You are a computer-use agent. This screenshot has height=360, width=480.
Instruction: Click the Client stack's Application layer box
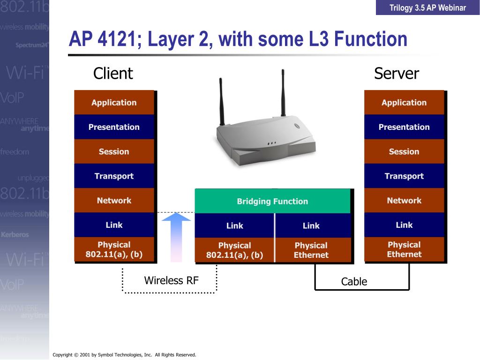[x=114, y=103]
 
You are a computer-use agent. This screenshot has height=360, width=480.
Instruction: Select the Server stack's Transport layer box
[x=404, y=176]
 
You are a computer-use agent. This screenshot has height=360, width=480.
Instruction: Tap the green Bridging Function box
[x=272, y=202]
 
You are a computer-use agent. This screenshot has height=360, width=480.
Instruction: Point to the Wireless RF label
[x=171, y=281]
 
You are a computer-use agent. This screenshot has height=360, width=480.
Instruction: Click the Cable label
[x=354, y=282]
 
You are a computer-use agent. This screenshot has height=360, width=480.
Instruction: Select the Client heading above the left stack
[x=113, y=74]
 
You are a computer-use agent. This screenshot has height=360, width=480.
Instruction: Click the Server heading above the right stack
[x=396, y=74]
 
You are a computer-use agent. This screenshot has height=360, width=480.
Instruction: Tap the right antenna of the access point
[x=283, y=91]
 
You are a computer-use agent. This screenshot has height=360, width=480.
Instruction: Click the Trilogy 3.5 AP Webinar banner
[x=427, y=7]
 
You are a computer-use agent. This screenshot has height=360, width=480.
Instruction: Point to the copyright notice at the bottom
[x=124, y=355]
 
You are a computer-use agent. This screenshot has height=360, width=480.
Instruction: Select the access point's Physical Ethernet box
[x=311, y=250]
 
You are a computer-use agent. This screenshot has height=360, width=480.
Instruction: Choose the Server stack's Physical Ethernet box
[x=404, y=249]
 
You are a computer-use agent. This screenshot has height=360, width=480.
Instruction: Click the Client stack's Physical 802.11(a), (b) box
[x=114, y=249]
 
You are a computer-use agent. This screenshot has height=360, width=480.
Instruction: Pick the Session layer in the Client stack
[x=114, y=151]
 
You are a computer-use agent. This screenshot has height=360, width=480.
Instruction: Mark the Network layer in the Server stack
[x=404, y=201]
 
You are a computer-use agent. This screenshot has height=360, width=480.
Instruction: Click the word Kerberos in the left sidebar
[x=15, y=234]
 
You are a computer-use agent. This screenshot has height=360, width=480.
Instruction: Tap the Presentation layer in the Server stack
[x=404, y=127]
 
